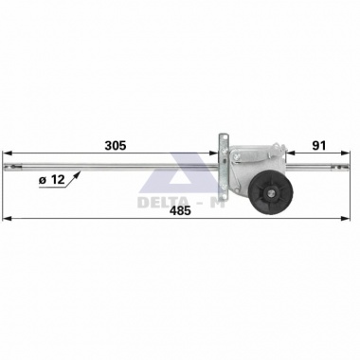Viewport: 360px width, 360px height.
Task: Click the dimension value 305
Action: [116, 146]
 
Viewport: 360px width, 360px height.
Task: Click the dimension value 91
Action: [319, 146]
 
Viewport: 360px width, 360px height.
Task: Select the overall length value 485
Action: [180, 210]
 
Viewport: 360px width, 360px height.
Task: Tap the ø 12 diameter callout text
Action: [51, 180]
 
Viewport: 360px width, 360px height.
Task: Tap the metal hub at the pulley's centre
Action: [271, 193]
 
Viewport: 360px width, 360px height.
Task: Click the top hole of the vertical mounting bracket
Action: [224, 137]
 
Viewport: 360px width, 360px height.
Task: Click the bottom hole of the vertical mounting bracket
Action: [224, 189]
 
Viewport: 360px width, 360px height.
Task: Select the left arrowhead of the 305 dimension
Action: [7, 153]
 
